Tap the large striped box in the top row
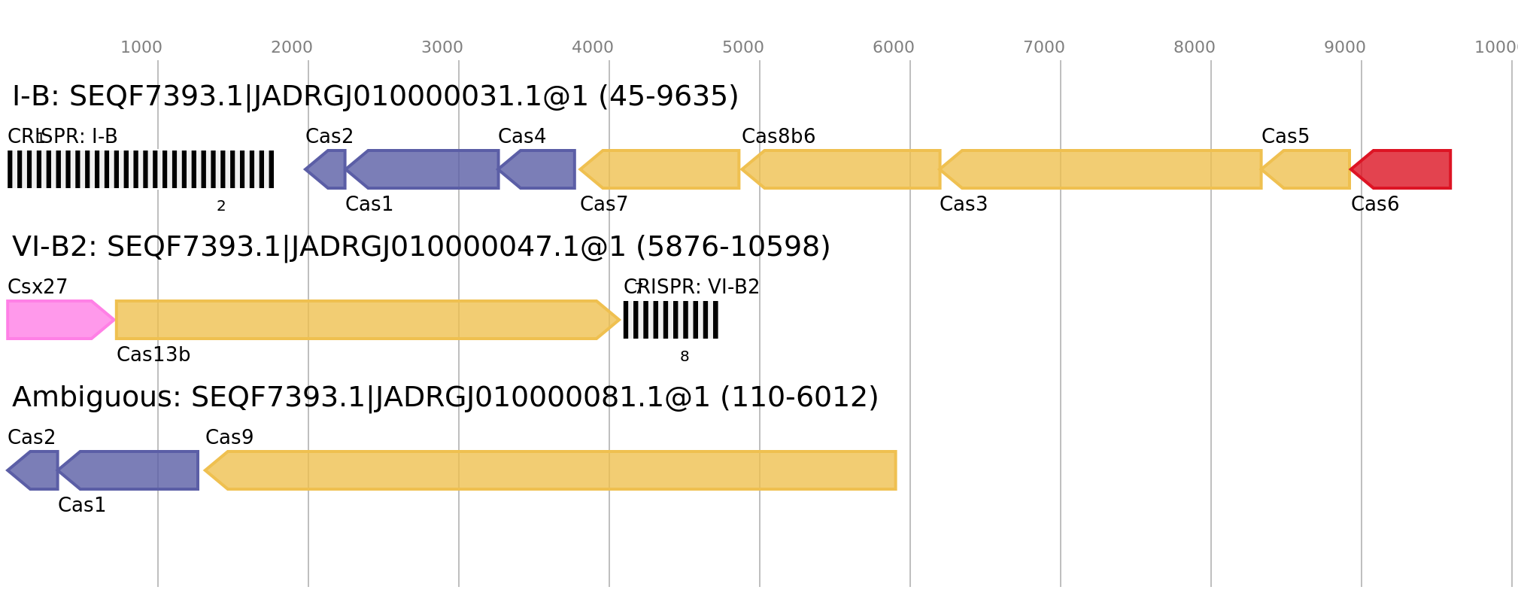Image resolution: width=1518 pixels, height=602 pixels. pyautogui.click(x=141, y=169)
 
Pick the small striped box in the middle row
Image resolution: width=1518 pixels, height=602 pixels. pyautogui.click(x=670, y=320)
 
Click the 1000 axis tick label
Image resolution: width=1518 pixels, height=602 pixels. pyautogui.click(x=141, y=47)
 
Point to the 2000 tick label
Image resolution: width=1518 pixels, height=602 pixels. pyautogui.click(x=292, y=47)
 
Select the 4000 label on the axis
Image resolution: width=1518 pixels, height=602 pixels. pyautogui.click(x=593, y=47)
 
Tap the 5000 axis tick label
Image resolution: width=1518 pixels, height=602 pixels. pyautogui.click(x=743, y=47)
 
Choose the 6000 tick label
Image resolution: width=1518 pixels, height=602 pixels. pyautogui.click(x=894, y=47)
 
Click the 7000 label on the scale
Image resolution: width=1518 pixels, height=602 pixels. pyautogui.click(x=1044, y=47)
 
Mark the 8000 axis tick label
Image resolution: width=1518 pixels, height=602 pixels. pyautogui.click(x=1195, y=47)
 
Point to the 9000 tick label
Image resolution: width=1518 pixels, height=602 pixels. pyautogui.click(x=1345, y=47)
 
